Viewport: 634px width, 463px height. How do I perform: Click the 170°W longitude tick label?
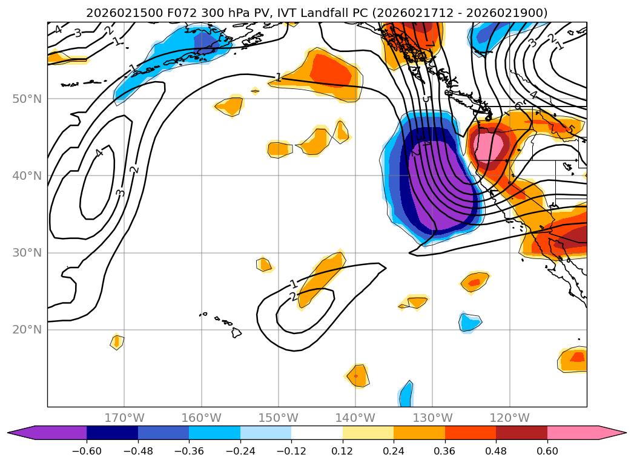[124, 418]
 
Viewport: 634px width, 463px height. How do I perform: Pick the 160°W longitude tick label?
[201, 418]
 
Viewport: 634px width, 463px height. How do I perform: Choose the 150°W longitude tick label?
[279, 418]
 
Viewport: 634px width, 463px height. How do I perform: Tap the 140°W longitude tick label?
[355, 418]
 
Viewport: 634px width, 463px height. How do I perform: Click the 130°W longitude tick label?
[432, 418]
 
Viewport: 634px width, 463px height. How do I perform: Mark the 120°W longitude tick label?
[509, 418]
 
